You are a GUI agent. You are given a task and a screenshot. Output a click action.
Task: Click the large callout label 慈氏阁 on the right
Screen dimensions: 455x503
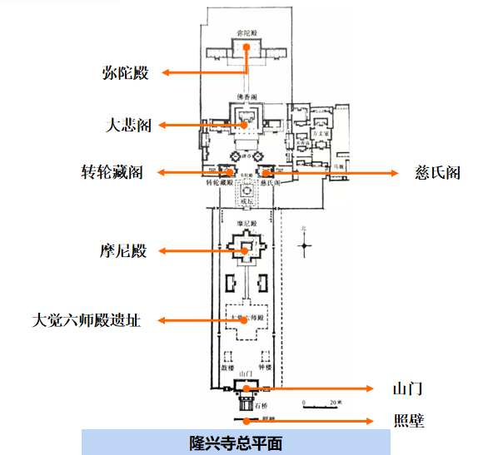coord(437,173)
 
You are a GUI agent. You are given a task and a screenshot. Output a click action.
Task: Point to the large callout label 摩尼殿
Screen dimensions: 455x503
coord(122,250)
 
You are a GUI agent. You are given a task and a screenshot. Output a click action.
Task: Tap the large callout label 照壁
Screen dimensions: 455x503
coord(407,422)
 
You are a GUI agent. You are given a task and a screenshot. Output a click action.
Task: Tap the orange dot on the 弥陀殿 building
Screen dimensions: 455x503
coord(247,47)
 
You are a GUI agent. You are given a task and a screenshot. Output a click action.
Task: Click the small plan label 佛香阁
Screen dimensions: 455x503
coord(247,96)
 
